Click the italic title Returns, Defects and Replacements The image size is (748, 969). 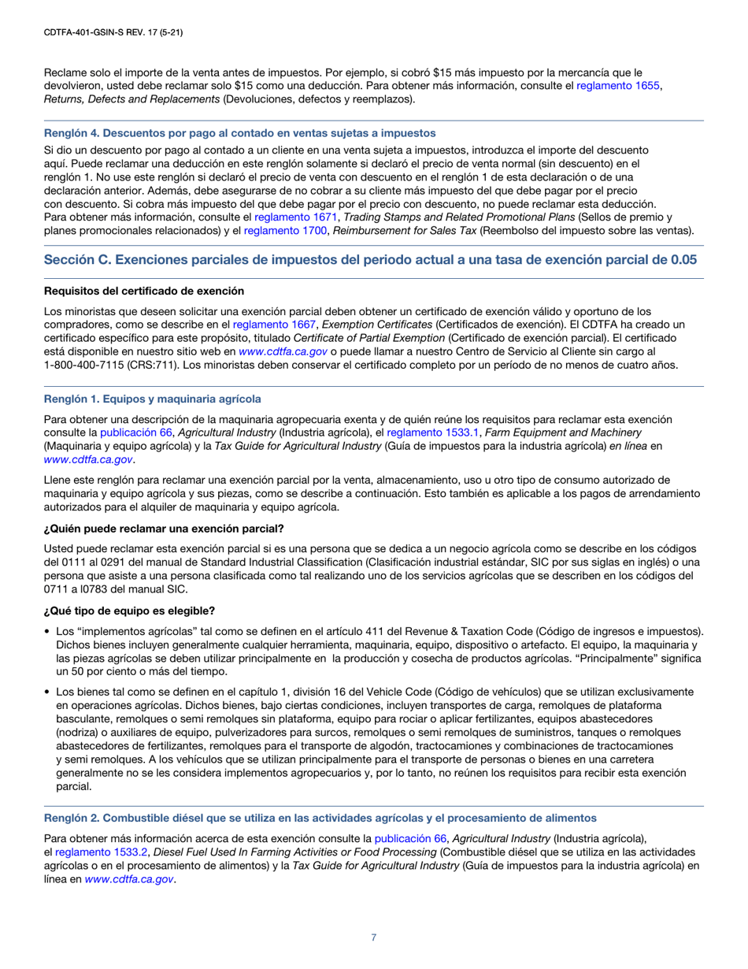point(132,98)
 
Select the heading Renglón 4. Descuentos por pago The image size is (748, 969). point(240,133)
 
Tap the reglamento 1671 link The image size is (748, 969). point(295,217)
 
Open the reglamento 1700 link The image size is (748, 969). point(280,230)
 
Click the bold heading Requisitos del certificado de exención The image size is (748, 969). point(144,292)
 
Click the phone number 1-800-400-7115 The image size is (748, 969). point(93,365)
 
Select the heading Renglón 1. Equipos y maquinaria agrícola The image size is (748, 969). point(153,399)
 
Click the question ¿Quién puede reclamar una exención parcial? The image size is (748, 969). point(165,528)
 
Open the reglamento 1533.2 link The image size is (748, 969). point(100,852)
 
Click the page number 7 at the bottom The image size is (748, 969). point(374,937)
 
